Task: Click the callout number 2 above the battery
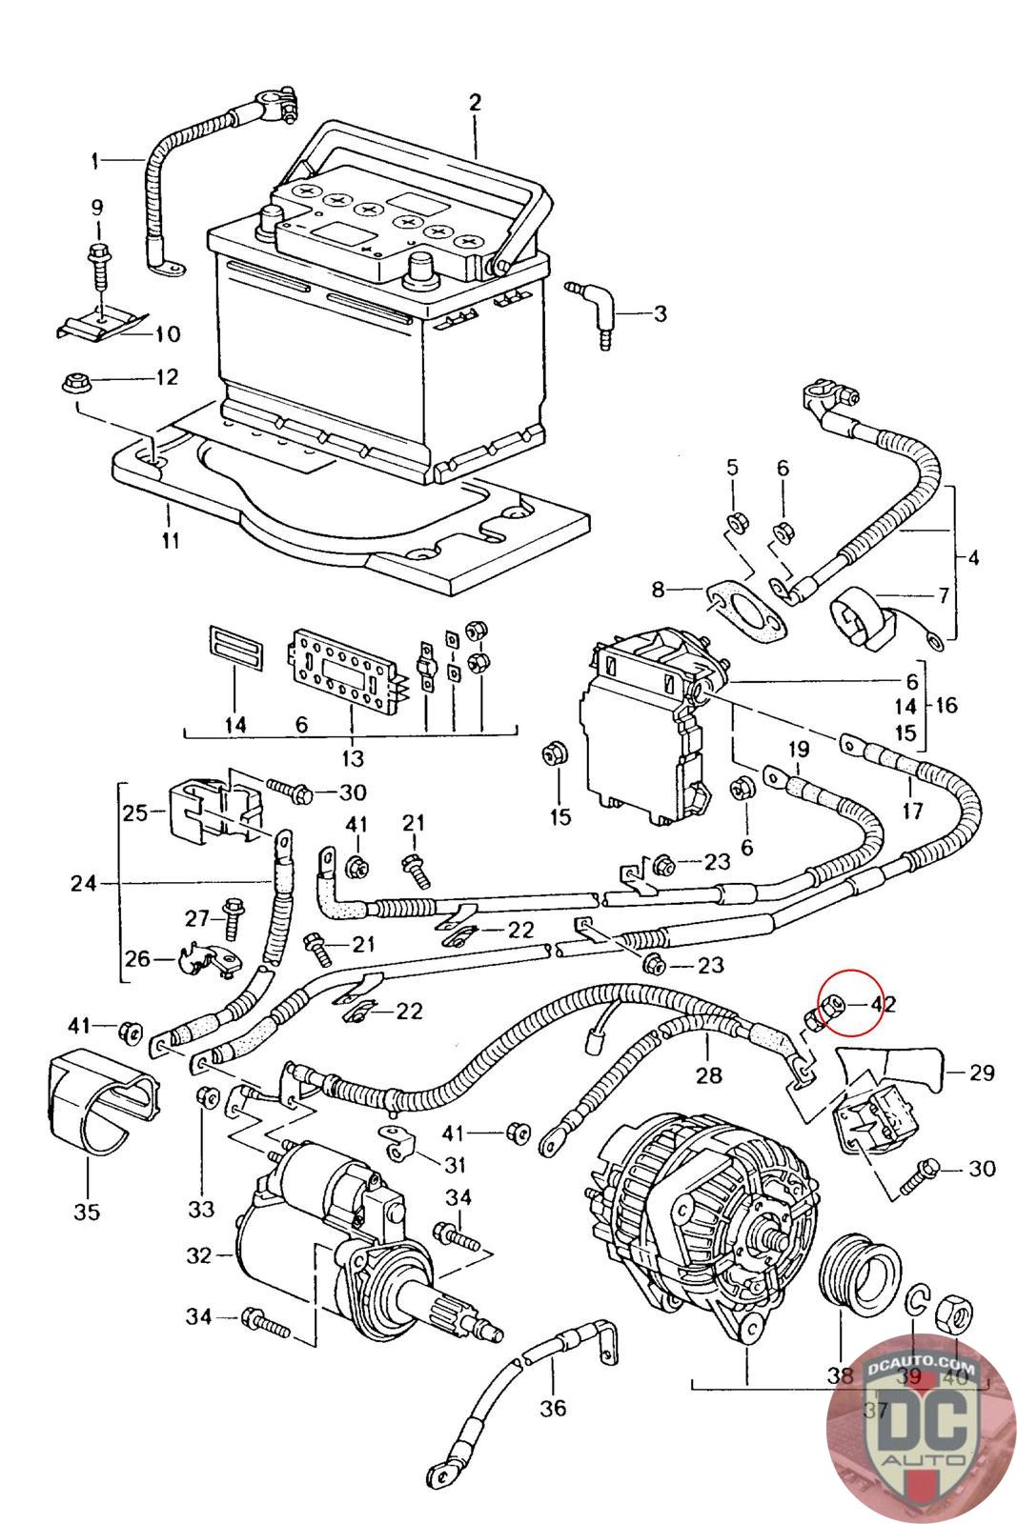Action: pyautogui.click(x=475, y=102)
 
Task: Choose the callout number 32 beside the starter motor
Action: pyautogui.click(x=198, y=1255)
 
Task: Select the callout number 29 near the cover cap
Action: pyautogui.click(x=981, y=1073)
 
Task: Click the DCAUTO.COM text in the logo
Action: pyautogui.click(x=922, y=1365)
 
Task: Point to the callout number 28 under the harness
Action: pyautogui.click(x=708, y=1076)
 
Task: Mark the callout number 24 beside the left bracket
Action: pyautogui.click(x=84, y=883)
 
